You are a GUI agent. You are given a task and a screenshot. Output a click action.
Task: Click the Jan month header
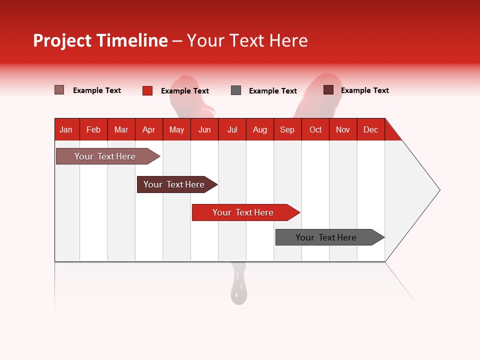tap(66, 129)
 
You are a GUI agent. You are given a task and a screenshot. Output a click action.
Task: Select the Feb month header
tap(93, 129)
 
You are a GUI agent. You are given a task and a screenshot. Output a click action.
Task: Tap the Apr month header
tap(148, 129)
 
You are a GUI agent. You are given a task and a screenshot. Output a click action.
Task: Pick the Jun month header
tap(204, 129)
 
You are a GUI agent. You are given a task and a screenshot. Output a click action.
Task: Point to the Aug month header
tap(259, 129)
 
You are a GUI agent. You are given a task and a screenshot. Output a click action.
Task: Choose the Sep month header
tap(287, 129)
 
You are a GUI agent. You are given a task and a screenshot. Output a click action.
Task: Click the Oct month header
tap(315, 129)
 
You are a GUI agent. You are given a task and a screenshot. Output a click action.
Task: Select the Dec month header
tap(370, 129)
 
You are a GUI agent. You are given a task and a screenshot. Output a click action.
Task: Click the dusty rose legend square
tap(59, 90)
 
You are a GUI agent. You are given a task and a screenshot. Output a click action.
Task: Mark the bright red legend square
tap(147, 90)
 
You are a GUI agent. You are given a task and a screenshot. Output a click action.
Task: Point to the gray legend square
tap(236, 90)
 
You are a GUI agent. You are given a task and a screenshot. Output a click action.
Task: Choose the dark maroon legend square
tap(328, 90)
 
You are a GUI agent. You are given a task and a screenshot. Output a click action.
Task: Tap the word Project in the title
tap(62, 40)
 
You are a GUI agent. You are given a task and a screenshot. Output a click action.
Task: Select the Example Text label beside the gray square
tap(272, 91)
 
